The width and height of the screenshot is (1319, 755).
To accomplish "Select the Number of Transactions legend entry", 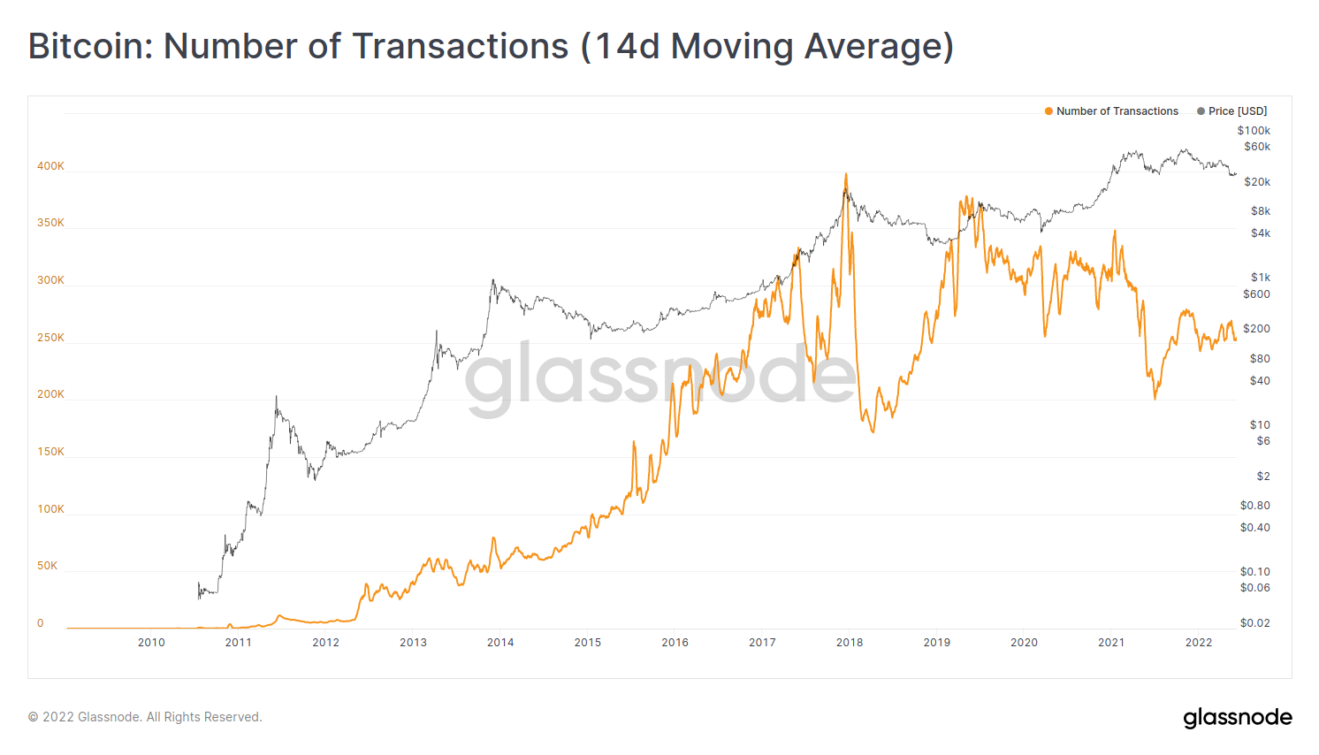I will pos(1117,111).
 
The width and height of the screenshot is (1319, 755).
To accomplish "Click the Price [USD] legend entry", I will pos(1237,111).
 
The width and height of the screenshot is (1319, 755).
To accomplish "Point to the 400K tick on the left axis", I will pos(50,166).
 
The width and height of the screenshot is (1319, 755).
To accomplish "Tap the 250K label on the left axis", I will pos(50,338).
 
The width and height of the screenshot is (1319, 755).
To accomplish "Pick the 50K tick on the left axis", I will pos(47,566).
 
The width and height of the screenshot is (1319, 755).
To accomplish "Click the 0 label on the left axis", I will pos(40,623).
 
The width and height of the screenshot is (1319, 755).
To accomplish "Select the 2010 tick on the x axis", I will pos(151,643).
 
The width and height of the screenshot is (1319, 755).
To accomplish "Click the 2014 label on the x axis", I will pos(500,643).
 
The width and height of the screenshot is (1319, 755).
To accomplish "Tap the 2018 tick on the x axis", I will pos(850,643).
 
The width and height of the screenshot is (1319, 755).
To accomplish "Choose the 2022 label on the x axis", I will pos(1199,643).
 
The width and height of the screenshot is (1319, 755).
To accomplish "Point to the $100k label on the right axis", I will pos(1254,131).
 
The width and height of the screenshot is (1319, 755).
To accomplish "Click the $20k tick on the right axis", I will pos(1257,182).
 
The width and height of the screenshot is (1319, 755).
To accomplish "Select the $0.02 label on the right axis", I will pos(1254,623).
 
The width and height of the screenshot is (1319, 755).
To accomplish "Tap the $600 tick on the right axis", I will pos(1256,294).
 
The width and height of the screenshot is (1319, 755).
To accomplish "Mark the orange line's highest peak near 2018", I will pos(846,174).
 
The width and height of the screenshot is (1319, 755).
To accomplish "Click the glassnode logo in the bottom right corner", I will pos(1238,717).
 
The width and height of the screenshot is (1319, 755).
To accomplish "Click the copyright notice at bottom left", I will pos(145,717).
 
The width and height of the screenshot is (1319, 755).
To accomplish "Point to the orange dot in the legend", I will pos(1048,111).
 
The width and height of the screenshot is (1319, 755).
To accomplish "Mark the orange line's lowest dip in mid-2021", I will pos(1155,399).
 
